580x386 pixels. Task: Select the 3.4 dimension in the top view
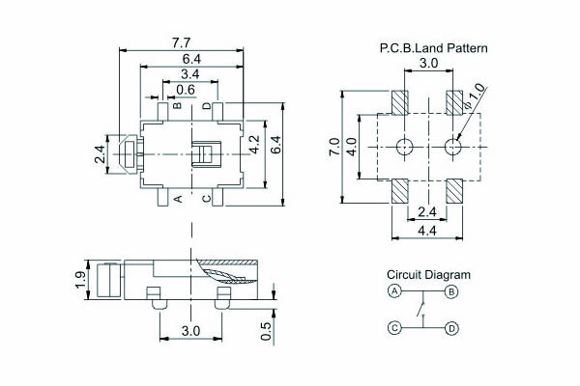pyautogui.click(x=190, y=74)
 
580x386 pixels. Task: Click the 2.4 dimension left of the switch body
pyautogui.click(x=100, y=154)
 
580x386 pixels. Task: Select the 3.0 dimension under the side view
pyautogui.click(x=190, y=330)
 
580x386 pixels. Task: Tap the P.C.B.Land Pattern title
pyautogui.click(x=433, y=47)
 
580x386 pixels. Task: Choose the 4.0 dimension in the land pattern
pyautogui.click(x=352, y=147)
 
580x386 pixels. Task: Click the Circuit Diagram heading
pyautogui.click(x=429, y=274)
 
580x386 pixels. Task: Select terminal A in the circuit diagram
pyautogui.click(x=394, y=290)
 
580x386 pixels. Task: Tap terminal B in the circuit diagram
pyautogui.click(x=451, y=290)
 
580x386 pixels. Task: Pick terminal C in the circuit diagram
pyautogui.click(x=394, y=328)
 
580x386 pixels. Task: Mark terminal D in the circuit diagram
pyautogui.click(x=451, y=328)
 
